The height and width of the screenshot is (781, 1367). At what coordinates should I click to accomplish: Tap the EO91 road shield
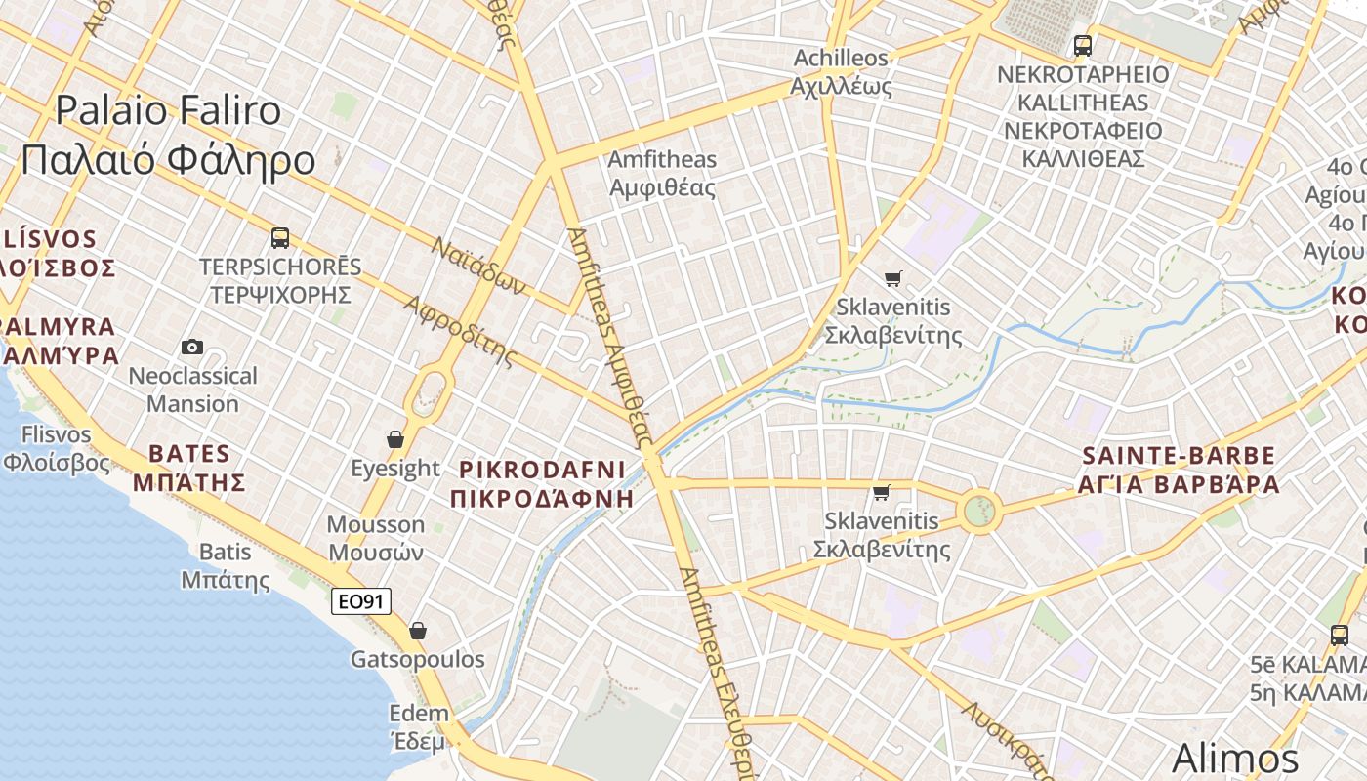coord(361,601)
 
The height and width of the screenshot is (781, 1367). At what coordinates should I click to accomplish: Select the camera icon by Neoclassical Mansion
coord(192,347)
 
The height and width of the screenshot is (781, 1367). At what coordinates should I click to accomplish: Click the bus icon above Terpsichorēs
coord(280,237)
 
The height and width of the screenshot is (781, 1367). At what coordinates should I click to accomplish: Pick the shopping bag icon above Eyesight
coord(395,439)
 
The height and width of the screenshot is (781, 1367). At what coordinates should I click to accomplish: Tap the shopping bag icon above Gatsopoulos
coord(418,631)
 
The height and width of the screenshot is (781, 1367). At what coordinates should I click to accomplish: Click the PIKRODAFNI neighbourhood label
coord(543,483)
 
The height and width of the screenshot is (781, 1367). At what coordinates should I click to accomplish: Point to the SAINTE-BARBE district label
coord(1180,470)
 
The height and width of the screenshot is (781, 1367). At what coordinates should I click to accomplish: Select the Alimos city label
coord(1234,758)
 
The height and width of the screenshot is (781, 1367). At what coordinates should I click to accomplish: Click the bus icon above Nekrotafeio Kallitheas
coord(1082,45)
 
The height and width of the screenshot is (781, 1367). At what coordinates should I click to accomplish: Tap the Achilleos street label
coord(841,71)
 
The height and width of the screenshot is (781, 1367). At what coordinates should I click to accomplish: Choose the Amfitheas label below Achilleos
coord(662,173)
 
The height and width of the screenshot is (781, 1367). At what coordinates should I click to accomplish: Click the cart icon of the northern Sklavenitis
coord(892,279)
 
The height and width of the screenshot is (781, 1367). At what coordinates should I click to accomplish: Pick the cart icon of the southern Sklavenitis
coord(882,492)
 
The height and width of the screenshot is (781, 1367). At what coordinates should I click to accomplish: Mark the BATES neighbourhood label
coord(189,467)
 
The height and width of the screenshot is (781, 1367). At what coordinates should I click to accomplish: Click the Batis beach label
coord(226,565)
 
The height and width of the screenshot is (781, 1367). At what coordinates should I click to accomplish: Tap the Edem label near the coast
coord(419,726)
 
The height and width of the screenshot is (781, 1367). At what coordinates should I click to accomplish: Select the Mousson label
coord(375,538)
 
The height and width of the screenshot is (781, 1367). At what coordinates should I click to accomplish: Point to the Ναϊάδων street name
coord(479,266)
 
